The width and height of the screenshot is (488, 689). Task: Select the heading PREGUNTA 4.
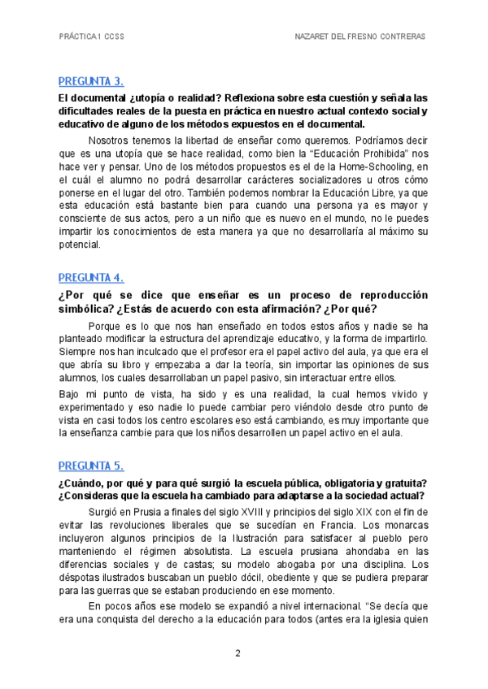tap(91, 277)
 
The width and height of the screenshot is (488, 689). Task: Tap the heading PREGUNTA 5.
tap(91, 466)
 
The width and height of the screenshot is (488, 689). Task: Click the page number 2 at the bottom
tap(237, 653)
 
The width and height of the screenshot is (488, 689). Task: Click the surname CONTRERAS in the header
tap(401, 37)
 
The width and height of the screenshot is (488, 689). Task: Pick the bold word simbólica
tap(87, 310)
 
